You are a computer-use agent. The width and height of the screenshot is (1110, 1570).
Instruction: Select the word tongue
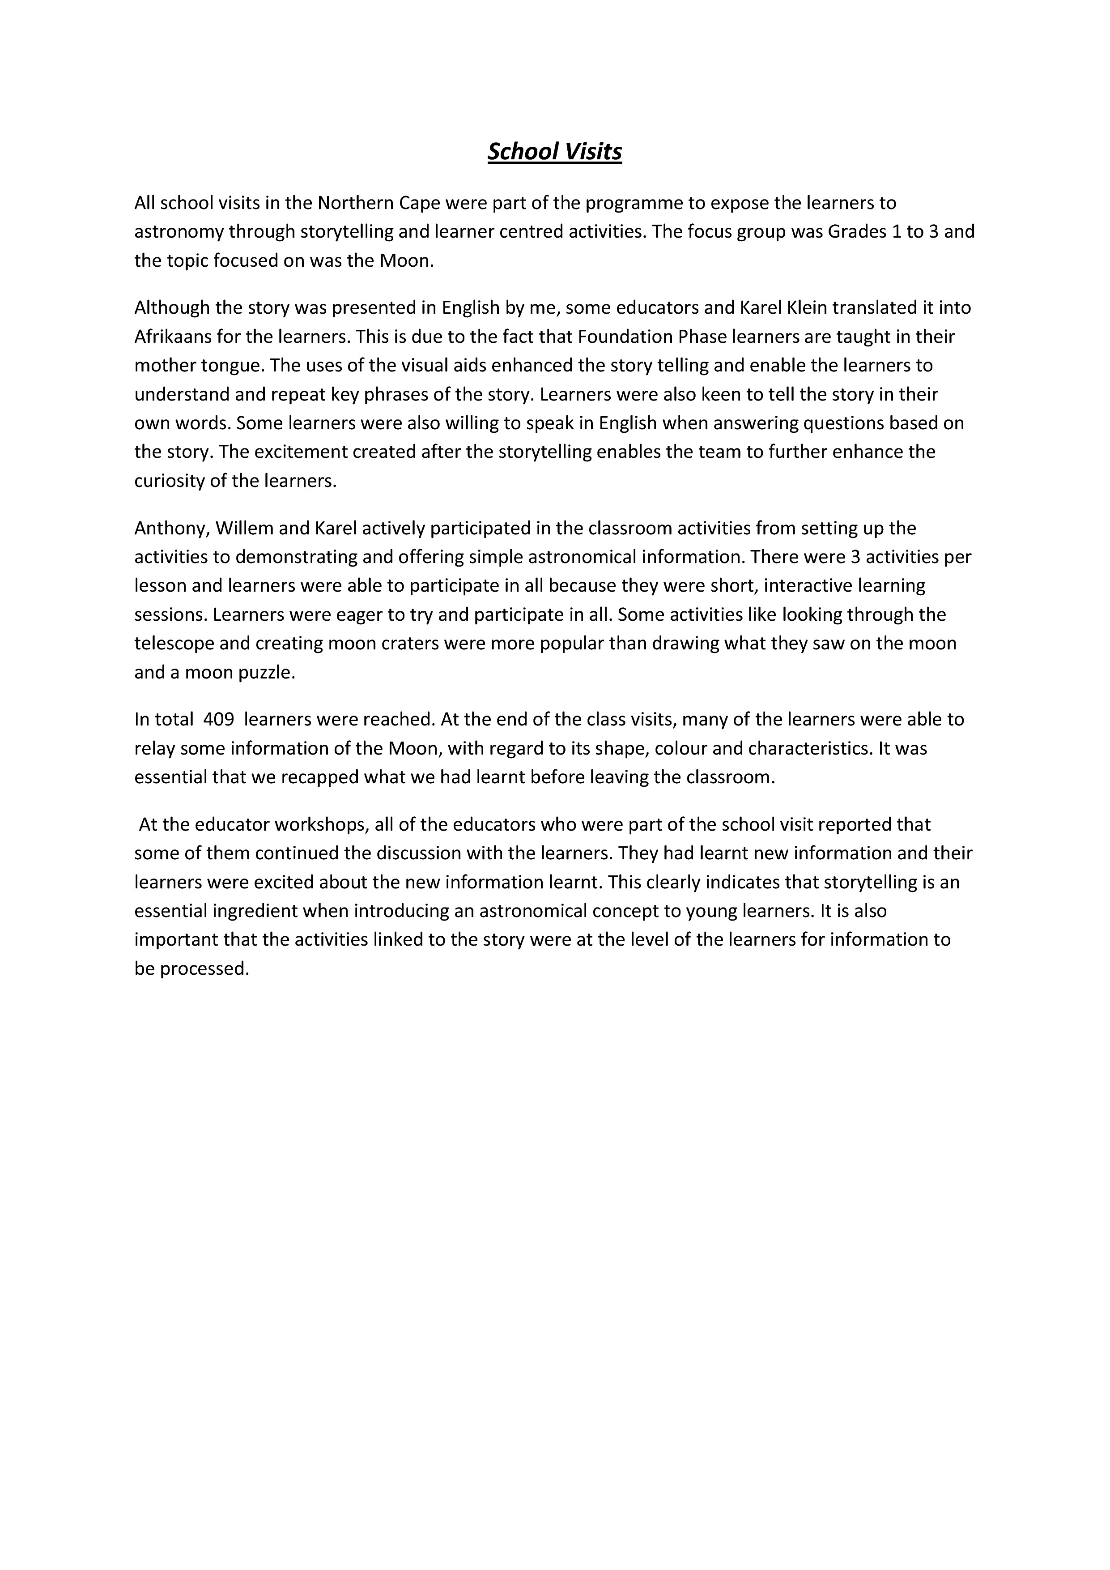(234, 366)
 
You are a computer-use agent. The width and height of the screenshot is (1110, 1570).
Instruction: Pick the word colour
(680, 748)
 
